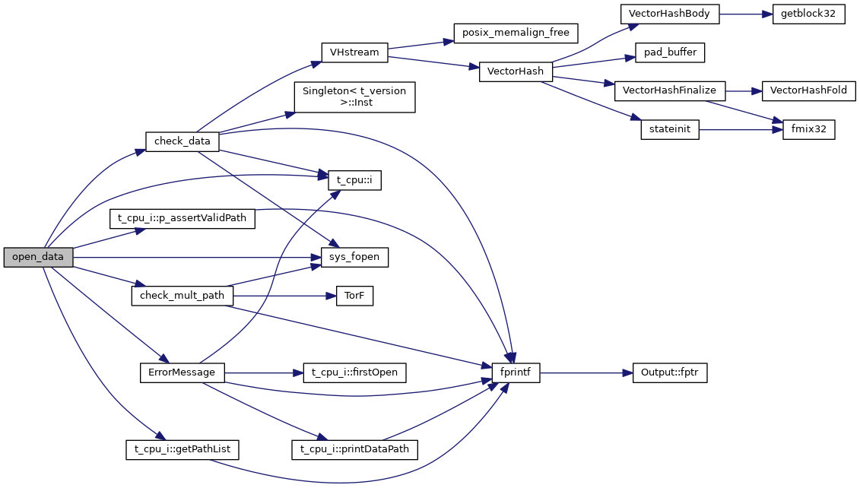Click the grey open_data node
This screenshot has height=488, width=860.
39,258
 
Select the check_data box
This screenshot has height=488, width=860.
182,141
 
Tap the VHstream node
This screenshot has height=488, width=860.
354,53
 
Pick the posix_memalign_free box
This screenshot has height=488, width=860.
516,33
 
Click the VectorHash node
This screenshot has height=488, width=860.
516,72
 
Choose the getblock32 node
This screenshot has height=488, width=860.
808,14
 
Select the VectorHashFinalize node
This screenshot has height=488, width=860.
669,90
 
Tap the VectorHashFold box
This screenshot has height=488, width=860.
808,90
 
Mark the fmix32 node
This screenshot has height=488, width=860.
809,130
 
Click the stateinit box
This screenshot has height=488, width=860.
669,130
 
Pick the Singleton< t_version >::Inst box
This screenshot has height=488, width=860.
354,97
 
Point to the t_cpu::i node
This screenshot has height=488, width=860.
354,180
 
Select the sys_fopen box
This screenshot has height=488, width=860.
354,258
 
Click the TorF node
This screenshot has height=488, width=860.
354,296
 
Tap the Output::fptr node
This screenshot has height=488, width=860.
670,373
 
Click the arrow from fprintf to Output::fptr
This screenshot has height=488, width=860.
586,373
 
